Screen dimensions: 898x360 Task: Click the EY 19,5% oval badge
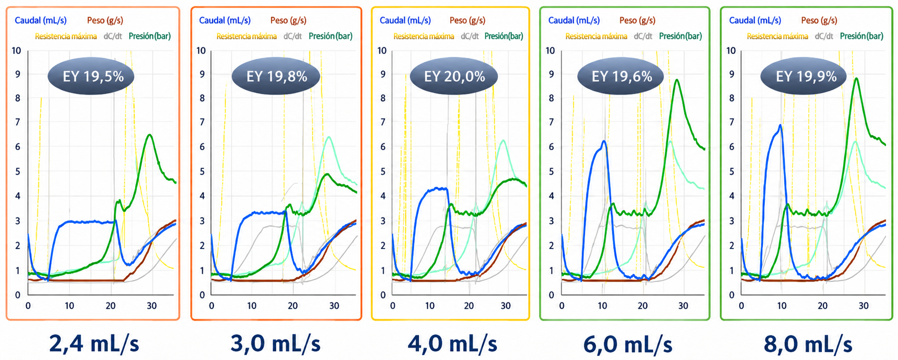tap(91, 76)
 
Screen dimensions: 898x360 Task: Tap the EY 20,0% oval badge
tap(454, 76)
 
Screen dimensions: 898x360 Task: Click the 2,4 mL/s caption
tap(94, 344)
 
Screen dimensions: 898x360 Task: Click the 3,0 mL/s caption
tap(276, 344)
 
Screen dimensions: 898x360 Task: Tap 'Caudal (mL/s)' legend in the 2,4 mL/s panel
tap(41, 20)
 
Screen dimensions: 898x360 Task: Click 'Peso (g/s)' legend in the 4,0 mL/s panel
tap(467, 20)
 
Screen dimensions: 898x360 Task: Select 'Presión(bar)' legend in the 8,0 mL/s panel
tap(861, 36)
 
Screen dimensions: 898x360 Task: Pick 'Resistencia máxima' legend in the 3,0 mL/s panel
tap(247, 36)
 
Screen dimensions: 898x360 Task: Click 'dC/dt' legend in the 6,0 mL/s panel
tap(643, 36)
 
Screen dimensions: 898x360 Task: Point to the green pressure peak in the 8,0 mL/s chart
tap(856, 78)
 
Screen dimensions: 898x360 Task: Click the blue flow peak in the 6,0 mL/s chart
tap(604, 141)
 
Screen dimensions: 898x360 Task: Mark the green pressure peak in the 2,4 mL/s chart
tap(149, 135)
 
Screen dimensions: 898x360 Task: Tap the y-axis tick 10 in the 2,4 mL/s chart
tap(16, 50)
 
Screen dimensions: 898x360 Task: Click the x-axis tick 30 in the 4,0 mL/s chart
tap(506, 306)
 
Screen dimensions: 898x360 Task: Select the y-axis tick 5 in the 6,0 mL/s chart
tap(551, 172)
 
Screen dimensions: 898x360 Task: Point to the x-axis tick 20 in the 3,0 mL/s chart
tap(293, 306)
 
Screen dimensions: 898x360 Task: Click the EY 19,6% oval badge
tap(621, 76)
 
